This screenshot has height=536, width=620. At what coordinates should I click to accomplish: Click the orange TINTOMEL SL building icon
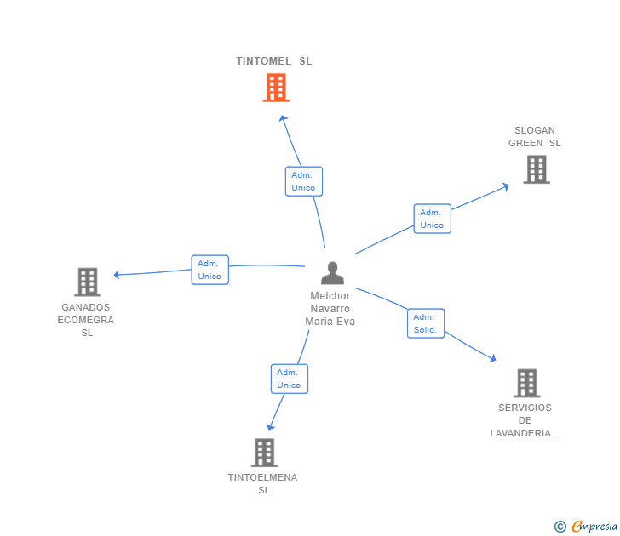pyautogui.click(x=275, y=88)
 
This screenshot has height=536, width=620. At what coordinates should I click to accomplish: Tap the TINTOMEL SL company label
pyautogui.click(x=274, y=61)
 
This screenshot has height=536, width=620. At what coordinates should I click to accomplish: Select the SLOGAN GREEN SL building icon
pyautogui.click(x=536, y=169)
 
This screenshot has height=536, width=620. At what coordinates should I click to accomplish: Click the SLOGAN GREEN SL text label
pyautogui.click(x=535, y=137)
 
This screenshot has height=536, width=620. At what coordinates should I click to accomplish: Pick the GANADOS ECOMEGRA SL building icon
pyautogui.click(x=87, y=282)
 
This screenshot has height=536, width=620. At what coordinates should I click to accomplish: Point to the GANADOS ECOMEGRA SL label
pyautogui.click(x=86, y=320)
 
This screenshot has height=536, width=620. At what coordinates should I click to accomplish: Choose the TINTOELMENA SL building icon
pyautogui.click(x=264, y=453)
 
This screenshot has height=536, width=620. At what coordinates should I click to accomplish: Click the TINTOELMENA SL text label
pyautogui.click(x=263, y=483)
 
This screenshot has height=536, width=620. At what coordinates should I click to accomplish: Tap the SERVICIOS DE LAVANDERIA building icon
pyautogui.click(x=526, y=383)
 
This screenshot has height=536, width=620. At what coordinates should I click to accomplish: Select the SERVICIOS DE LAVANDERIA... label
pyautogui.click(x=525, y=420)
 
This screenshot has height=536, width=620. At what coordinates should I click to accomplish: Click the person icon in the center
pyautogui.click(x=332, y=273)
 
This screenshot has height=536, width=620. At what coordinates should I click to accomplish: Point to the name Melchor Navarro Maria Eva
pyautogui.click(x=330, y=309)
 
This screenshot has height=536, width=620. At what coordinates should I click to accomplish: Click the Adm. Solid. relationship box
pyautogui.click(x=425, y=323)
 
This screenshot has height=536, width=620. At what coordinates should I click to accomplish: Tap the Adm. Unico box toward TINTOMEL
pyautogui.click(x=303, y=181)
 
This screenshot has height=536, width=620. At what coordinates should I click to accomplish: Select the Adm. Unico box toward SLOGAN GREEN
pyautogui.click(x=432, y=219)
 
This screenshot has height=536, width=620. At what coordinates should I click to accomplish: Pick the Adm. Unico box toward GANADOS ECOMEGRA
pyautogui.click(x=210, y=270)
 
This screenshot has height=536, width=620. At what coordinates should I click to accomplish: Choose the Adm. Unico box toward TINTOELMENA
pyautogui.click(x=289, y=379)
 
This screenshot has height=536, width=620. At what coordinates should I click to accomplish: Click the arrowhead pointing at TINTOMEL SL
pyautogui.click(x=284, y=118)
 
